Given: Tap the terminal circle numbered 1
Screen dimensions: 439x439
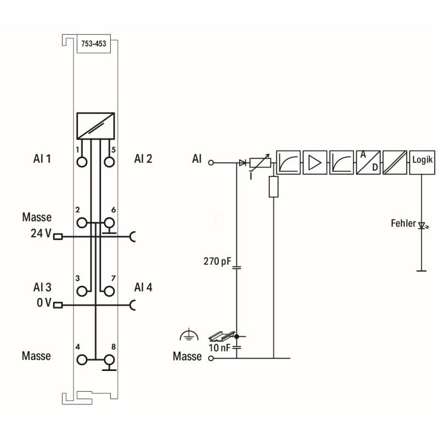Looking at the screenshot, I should tap(82, 161).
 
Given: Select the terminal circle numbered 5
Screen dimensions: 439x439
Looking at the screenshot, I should tap(109, 161).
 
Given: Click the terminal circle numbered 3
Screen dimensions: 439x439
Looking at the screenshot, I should tap(82, 291).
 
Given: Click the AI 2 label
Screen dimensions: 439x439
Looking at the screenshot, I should tap(143, 159).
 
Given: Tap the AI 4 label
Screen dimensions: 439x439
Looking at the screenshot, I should tap(143, 287).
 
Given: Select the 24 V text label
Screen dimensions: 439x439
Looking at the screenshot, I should tap(41, 233).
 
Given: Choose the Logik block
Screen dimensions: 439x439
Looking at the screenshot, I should tap(422, 162).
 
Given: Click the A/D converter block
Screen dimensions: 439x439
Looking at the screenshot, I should tap(368, 162).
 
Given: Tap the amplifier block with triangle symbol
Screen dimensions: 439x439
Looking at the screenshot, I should tap(314, 162).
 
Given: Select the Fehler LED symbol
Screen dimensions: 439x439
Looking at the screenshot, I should tap(422, 224).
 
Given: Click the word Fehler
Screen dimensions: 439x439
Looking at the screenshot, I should tap(403, 223).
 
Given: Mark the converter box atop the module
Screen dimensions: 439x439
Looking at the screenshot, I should tap(95, 125).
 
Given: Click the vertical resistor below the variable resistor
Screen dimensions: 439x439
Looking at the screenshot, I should tap(273, 187).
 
